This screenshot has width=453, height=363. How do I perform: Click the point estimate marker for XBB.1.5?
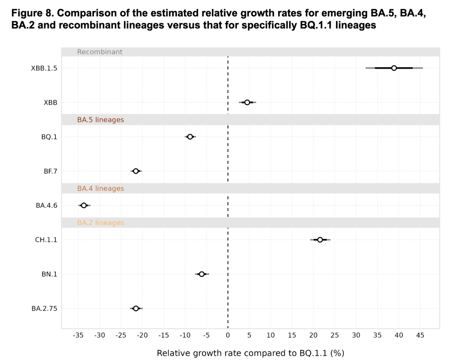click(x=394, y=68)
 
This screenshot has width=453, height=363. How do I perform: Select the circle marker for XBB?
click(x=247, y=103)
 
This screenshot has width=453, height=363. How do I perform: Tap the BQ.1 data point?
click(x=190, y=137)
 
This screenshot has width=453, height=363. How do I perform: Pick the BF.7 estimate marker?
click(x=136, y=171)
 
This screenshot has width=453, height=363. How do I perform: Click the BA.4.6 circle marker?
click(x=84, y=205)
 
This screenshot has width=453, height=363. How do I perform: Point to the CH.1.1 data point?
click(x=320, y=240)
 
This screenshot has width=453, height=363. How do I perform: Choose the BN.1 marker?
click(x=201, y=274)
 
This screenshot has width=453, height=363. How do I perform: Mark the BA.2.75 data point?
click(x=136, y=308)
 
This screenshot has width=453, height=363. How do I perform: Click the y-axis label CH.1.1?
click(x=46, y=240)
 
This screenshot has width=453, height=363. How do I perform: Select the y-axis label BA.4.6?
click(x=46, y=206)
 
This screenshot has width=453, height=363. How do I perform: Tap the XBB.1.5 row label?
click(x=44, y=69)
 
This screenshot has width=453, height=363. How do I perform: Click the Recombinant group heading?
click(x=100, y=52)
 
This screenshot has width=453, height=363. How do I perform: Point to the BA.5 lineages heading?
click(x=101, y=120)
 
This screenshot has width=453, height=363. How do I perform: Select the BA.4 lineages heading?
click(x=101, y=188)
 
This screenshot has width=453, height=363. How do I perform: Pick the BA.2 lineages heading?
click(x=101, y=223)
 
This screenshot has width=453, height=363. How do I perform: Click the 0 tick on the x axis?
click(x=228, y=336)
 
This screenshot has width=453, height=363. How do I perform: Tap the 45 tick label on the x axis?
click(x=420, y=336)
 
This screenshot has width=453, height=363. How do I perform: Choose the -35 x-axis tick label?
click(x=78, y=336)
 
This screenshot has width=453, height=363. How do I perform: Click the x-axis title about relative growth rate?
click(x=250, y=353)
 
